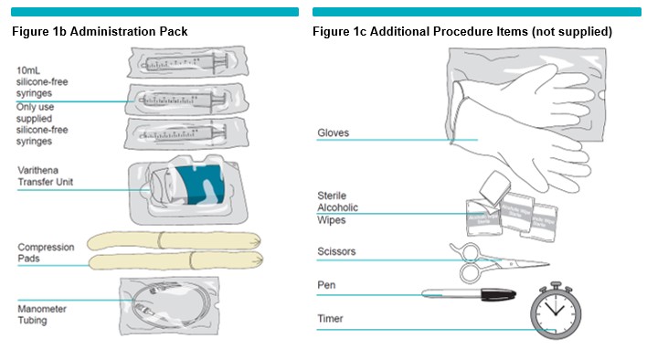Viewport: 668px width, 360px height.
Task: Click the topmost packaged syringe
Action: (187, 62)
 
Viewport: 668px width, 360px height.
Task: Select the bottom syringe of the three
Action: (186, 133)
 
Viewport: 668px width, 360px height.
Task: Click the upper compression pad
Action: (174, 240)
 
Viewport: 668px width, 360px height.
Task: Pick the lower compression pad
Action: (175, 260)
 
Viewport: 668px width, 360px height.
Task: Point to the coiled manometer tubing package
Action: (170, 306)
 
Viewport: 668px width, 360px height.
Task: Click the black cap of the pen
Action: (498, 294)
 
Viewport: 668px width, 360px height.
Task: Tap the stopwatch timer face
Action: (556, 312)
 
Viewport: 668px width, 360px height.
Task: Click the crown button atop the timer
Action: (556, 285)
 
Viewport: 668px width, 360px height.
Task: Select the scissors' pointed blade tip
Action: (548, 264)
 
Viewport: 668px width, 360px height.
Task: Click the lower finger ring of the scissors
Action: (471, 272)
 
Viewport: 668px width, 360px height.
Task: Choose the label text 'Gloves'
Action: (334, 132)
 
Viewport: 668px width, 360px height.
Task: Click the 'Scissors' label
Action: (336, 251)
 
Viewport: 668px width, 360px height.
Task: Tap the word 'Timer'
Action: (330, 319)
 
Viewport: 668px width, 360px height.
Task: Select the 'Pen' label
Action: (326, 285)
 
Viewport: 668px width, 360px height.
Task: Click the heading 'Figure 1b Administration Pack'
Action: (100, 32)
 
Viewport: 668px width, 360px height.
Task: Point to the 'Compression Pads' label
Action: (46, 252)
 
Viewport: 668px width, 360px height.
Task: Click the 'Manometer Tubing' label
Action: (42, 314)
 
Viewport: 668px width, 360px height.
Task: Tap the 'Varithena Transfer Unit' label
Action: (45, 176)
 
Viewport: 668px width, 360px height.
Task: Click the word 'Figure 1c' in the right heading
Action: (340, 32)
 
